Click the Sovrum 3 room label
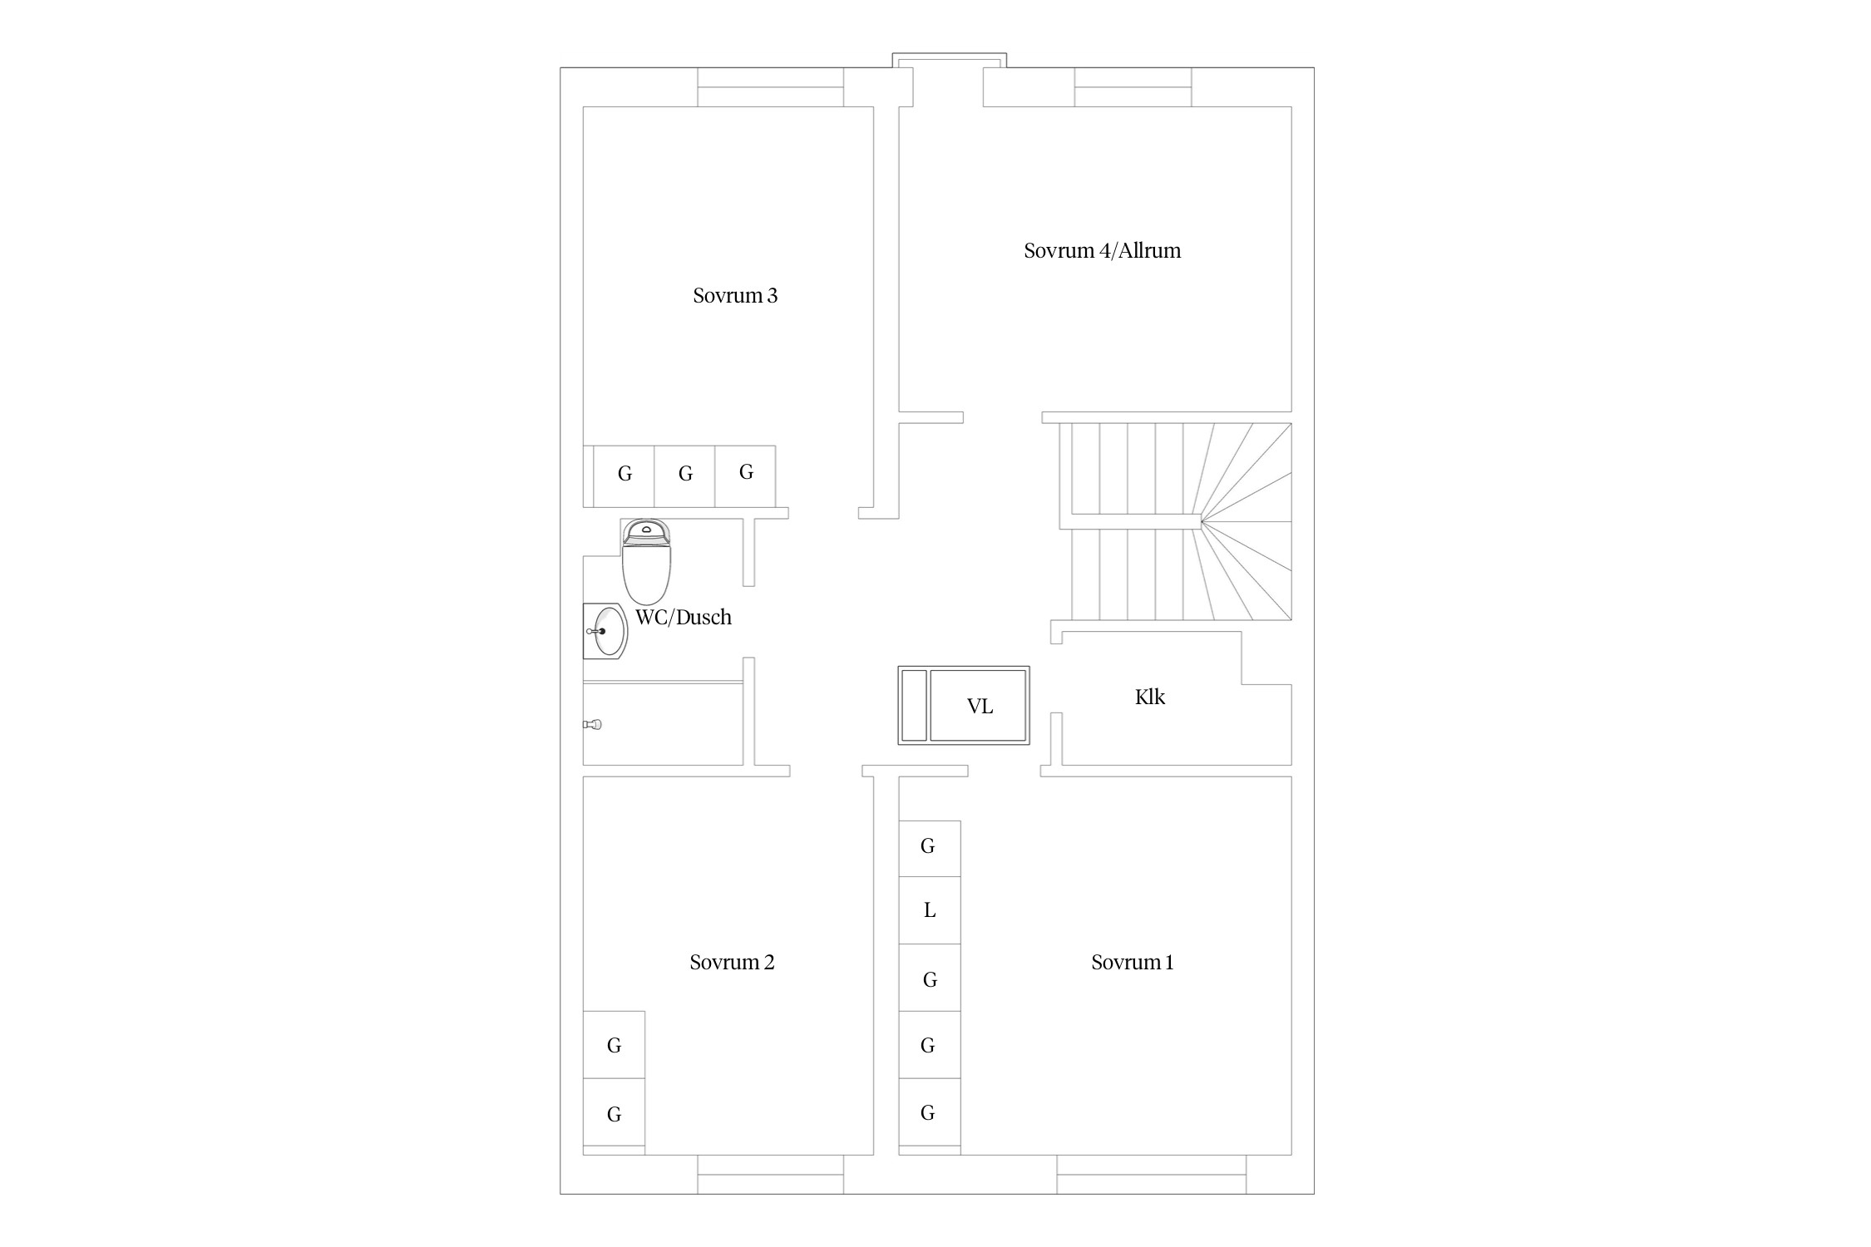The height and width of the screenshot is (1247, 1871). tap(735, 296)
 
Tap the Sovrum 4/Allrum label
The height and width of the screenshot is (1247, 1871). tap(1102, 251)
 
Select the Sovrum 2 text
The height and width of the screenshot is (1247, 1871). tap(732, 963)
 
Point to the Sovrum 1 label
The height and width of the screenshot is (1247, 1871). tap(1132, 963)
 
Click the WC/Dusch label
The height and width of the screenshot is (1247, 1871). tap(684, 618)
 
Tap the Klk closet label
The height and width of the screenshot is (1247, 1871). tap(1150, 697)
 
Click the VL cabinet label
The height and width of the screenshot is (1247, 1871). tap(980, 707)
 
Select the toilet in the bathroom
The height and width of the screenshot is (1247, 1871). tap(646, 562)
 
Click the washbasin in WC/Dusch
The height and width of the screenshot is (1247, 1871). tap(605, 632)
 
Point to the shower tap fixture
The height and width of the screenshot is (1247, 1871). tap(592, 725)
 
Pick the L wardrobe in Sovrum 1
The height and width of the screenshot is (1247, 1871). tap(930, 910)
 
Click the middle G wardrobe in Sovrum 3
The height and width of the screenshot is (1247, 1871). tap(684, 476)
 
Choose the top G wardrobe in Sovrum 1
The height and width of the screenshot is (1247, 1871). tap(930, 849)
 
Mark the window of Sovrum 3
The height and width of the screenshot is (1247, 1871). tap(771, 87)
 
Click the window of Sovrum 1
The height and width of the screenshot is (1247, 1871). tap(1152, 1175)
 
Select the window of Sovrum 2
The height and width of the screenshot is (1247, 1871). tap(771, 1175)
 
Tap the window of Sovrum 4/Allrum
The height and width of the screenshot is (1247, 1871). tap(1133, 87)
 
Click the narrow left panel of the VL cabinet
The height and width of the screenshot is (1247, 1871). tap(914, 705)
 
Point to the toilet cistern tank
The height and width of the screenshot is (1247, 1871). tap(646, 531)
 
